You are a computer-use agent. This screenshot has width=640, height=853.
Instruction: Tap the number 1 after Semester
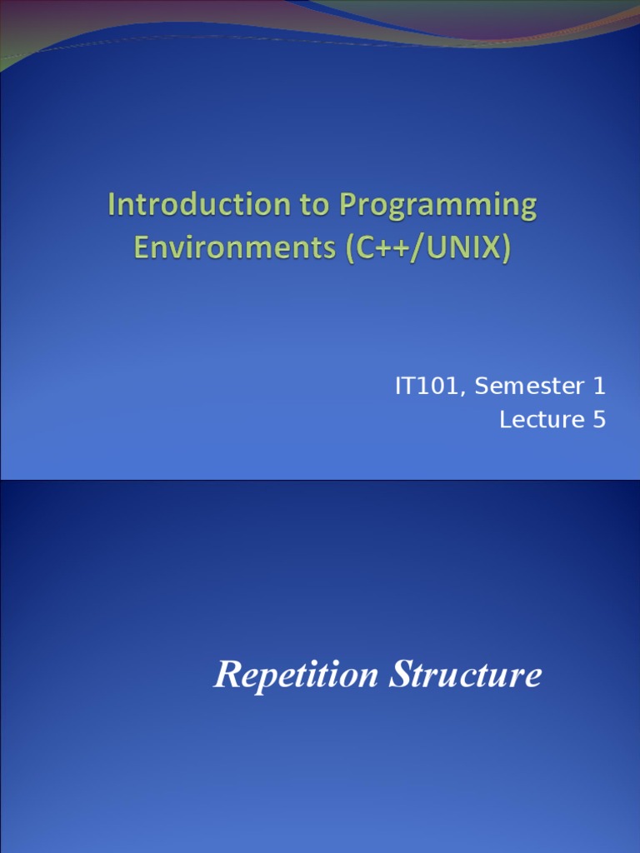599,387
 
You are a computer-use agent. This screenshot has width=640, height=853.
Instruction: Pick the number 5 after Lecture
599,420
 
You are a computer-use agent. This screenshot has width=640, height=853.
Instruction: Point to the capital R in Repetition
224,674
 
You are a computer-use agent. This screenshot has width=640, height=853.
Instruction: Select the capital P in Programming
346,206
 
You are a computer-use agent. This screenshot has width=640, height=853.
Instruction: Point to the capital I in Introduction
112,205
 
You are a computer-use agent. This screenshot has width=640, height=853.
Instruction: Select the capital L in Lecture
505,420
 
